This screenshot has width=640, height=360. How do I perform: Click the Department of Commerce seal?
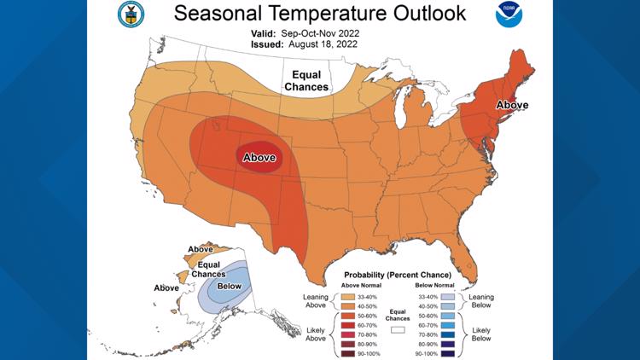point(135,15)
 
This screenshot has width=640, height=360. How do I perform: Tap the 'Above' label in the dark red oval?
point(259,158)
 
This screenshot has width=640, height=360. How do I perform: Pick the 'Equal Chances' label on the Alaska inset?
point(208,269)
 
